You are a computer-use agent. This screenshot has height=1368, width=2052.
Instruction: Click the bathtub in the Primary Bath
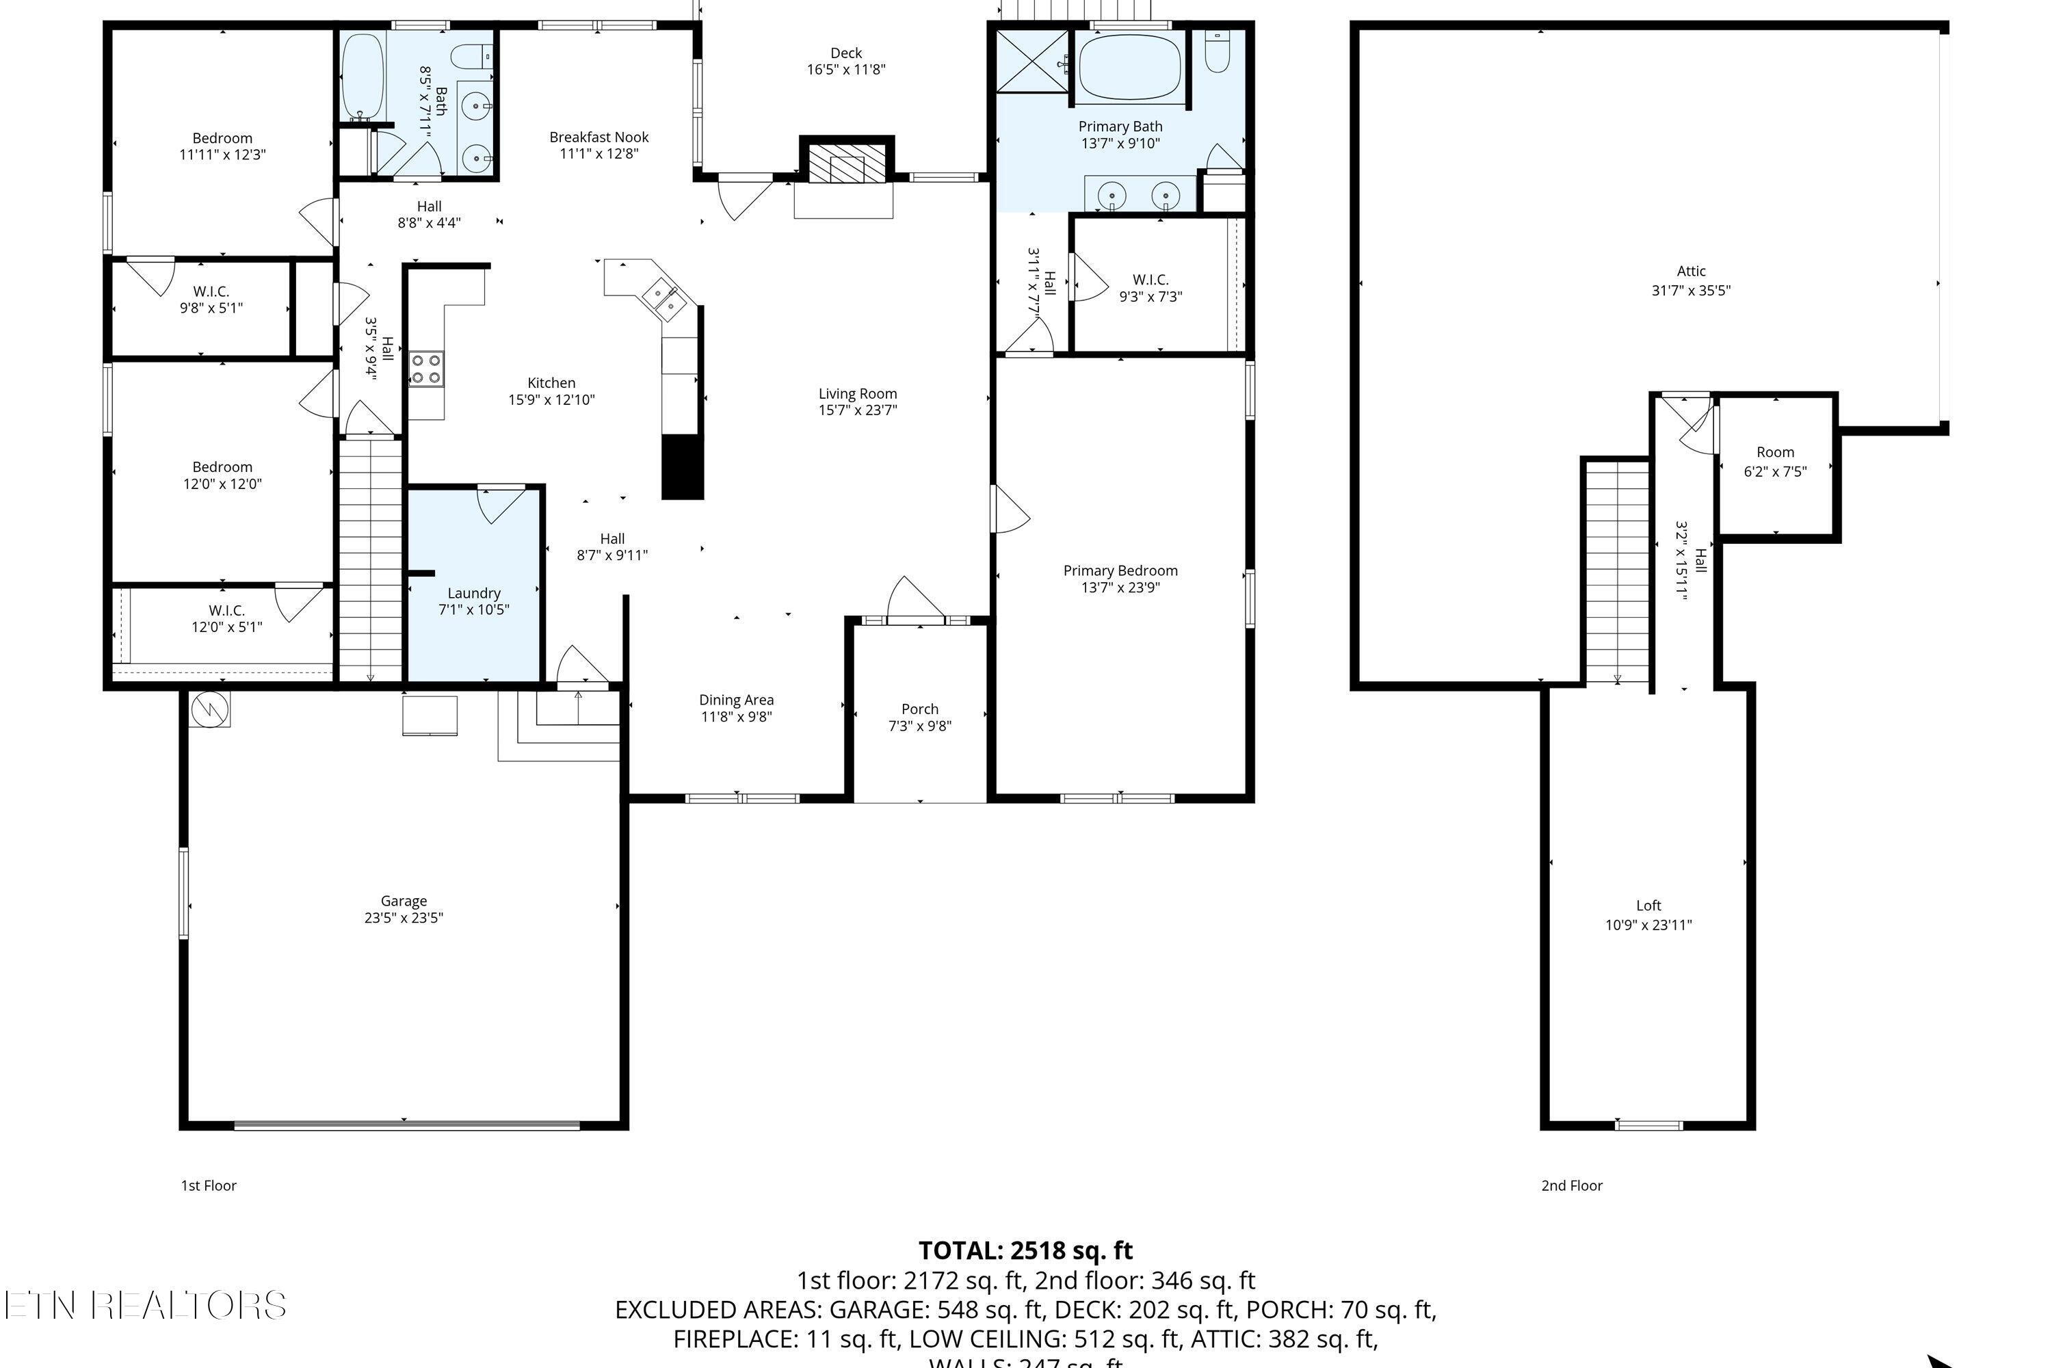[x=1130, y=66]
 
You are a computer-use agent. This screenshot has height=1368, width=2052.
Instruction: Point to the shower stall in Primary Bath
[x=1031, y=60]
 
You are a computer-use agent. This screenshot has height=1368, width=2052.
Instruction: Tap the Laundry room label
[x=474, y=593]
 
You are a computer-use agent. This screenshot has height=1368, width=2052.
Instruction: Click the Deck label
[x=845, y=53]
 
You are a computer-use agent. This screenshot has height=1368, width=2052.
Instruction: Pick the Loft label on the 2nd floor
[x=1648, y=906]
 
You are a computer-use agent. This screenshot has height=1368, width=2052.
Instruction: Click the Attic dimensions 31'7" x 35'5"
[x=1690, y=291]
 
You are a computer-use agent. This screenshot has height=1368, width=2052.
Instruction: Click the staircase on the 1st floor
[x=370, y=558]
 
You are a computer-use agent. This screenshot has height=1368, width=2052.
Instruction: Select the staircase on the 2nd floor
[x=1617, y=571]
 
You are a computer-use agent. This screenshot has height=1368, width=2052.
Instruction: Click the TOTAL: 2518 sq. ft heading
[x=1025, y=1250]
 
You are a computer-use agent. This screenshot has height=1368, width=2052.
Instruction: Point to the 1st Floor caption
[x=209, y=1185]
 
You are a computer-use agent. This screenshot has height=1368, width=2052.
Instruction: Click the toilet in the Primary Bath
[x=1217, y=53]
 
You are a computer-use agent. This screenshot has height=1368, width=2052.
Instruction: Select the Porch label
[x=919, y=709]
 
